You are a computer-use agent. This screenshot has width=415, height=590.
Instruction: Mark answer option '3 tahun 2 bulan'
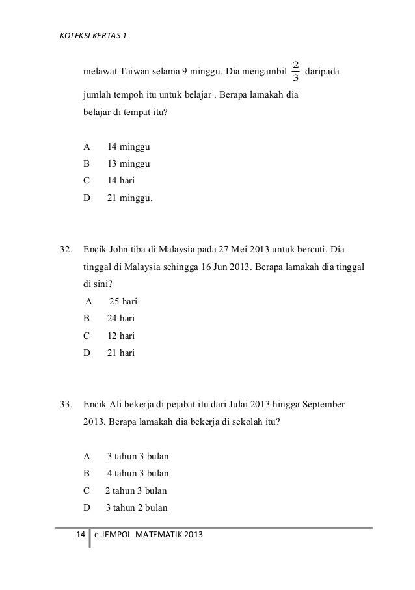tap(137, 507)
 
